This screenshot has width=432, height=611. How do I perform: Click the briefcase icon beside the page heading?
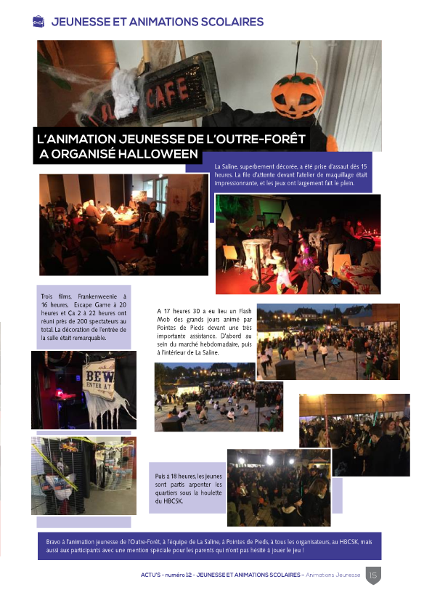(39, 22)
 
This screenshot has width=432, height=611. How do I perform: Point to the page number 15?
(373, 575)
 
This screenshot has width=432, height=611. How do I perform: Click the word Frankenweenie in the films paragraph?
(97, 296)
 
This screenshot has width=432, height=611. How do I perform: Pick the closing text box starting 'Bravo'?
(209, 546)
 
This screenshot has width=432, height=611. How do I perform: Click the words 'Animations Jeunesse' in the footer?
(333, 575)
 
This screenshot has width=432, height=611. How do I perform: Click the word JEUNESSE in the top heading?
(81, 22)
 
